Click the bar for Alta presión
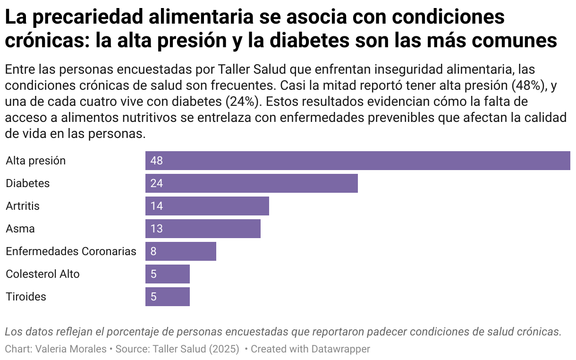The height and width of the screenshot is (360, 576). click(357, 161)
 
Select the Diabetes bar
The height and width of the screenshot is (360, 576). click(251, 183)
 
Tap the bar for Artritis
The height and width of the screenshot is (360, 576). click(207, 206)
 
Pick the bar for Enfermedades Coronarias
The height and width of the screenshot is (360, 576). click(180, 251)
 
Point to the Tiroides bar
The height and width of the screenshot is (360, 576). click(167, 297)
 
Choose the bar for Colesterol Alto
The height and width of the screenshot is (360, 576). click(167, 274)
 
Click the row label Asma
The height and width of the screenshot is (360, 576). click(20, 229)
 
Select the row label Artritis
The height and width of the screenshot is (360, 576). click(23, 206)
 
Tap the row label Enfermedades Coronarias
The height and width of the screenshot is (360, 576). click(71, 251)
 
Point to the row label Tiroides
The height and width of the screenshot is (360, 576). click(26, 297)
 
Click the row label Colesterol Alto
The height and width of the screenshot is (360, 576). click(42, 274)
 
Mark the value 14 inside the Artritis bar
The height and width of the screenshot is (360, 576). click(156, 206)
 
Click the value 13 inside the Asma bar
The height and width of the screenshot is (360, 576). click(156, 229)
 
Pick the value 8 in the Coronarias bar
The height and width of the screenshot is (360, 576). click(153, 251)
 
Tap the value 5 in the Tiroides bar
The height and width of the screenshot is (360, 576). click(153, 297)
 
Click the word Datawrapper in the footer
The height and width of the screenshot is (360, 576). click(340, 349)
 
